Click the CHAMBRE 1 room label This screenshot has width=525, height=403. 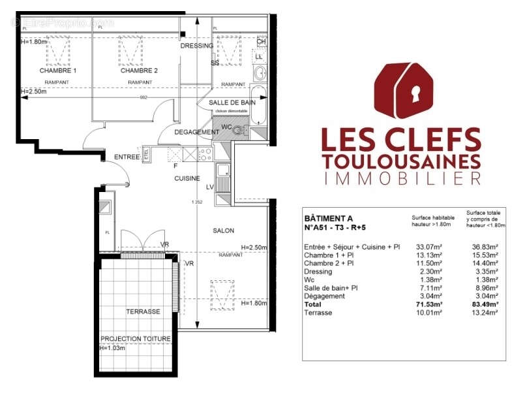click(58, 71)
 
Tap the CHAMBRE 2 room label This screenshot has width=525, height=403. click(140, 71)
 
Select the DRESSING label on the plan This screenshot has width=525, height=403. click(196, 46)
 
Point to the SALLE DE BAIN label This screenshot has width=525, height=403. click(232, 103)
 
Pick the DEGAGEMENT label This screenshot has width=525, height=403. click(197, 132)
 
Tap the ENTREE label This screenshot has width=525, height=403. click(127, 157)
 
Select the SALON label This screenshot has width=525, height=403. click(223, 231)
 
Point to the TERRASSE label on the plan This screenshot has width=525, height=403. click(143, 312)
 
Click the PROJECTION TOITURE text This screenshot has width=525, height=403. click(136, 338)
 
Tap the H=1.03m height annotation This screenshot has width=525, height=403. click(112, 347)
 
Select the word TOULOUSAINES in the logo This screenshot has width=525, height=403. click(402, 160)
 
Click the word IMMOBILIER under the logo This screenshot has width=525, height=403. click(402, 178)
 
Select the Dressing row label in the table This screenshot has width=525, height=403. click(318, 271)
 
